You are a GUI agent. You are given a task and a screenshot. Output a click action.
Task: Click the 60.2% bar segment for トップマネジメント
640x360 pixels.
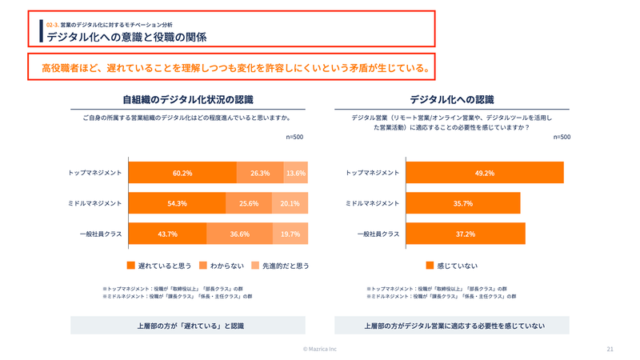(182, 173)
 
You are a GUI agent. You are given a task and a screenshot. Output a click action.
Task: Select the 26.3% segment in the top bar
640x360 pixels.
(259, 173)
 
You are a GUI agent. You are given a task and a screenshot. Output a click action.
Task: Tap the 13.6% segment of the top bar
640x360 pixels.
(295, 173)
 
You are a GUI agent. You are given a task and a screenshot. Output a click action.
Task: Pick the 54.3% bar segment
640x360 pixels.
(177, 203)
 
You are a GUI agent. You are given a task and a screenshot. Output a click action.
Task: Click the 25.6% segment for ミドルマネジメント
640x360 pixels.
(248, 203)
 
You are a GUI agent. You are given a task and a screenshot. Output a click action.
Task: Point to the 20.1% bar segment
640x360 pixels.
(290, 203)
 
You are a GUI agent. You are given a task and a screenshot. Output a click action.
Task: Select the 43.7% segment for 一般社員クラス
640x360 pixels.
(167, 234)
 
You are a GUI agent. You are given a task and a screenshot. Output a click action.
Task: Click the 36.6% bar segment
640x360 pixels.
(239, 234)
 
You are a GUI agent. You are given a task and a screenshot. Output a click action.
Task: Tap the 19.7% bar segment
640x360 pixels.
(290, 234)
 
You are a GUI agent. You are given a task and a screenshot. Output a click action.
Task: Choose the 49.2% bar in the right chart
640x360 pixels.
(485, 173)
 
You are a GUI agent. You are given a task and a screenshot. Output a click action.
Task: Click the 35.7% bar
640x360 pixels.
(463, 203)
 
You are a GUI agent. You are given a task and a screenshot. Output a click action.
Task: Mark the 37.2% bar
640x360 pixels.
(466, 234)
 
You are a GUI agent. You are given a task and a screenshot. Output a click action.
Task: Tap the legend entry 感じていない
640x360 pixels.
(453, 265)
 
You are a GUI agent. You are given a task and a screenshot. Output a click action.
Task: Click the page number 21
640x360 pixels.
(610, 349)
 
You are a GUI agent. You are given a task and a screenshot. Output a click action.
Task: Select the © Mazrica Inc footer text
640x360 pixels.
(320, 349)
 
